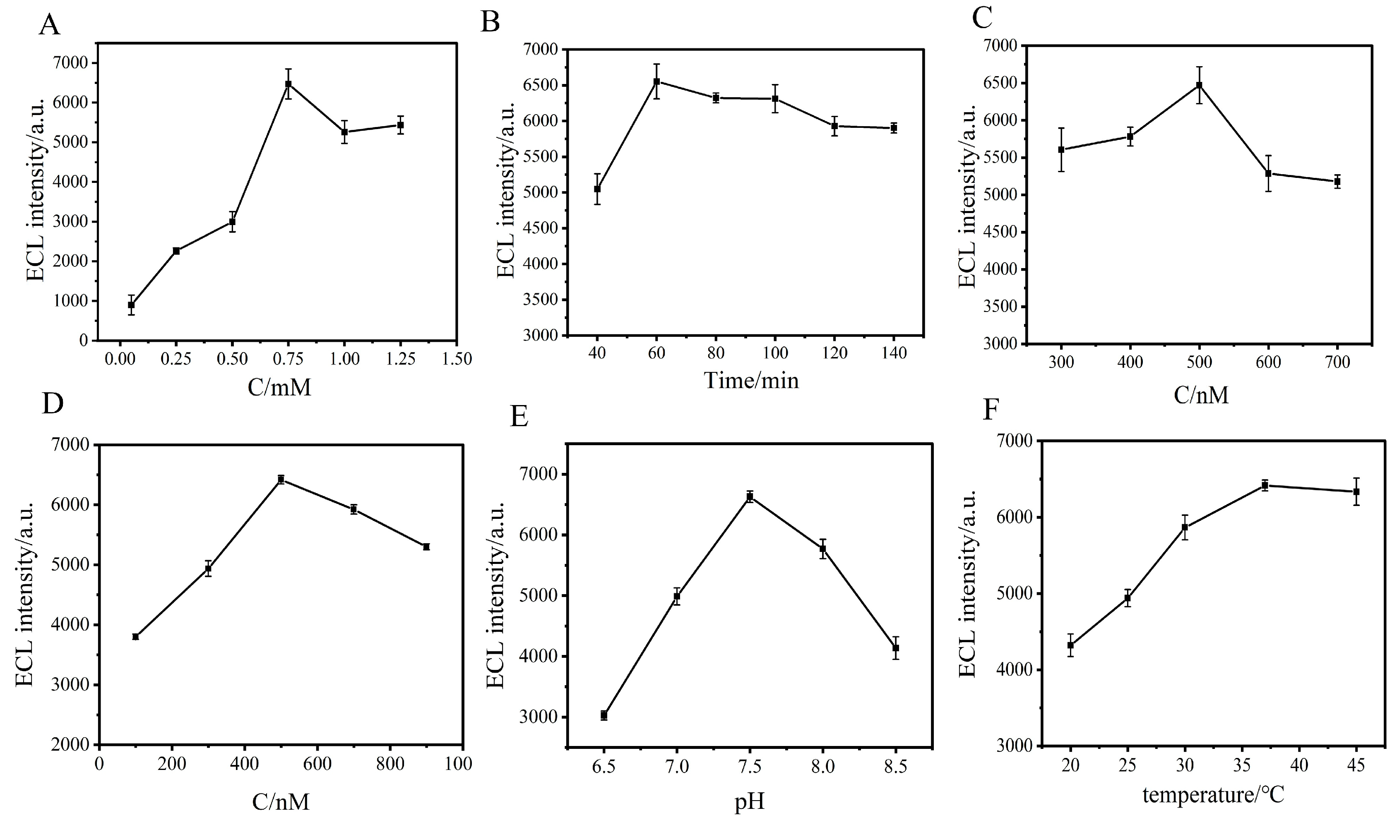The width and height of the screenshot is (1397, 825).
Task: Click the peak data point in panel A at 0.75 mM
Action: click(x=289, y=84)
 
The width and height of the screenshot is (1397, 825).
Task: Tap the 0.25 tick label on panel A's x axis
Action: click(x=176, y=359)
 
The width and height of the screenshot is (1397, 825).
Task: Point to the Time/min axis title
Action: click(x=751, y=381)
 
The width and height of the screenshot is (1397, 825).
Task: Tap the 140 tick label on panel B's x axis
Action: click(x=894, y=353)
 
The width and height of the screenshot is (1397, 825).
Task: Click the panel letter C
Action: click(x=982, y=19)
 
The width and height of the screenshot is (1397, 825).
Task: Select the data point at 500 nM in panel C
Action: click(x=1200, y=85)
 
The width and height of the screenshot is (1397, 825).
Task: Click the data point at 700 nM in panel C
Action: click(x=1337, y=182)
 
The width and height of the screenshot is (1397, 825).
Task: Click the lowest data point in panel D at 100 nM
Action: click(x=135, y=636)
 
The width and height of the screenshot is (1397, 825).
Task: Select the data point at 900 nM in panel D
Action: click(x=427, y=547)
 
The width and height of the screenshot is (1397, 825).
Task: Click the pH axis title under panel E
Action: click(x=749, y=802)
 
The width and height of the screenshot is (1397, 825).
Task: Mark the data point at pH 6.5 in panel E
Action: click(x=604, y=715)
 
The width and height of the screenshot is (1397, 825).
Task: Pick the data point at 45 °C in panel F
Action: click(x=1356, y=492)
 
